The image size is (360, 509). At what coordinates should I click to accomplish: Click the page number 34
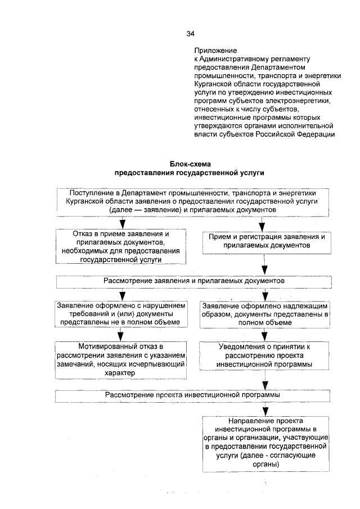[x=191, y=33]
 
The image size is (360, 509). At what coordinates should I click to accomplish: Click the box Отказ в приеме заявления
[x=121, y=246]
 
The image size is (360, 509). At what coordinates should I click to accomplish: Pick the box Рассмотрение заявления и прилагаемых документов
[x=193, y=280]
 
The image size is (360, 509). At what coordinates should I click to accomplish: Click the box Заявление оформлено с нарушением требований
[x=121, y=314]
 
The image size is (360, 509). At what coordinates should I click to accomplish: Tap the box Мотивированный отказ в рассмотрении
[x=121, y=357]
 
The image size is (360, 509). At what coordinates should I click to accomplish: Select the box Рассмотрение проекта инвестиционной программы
[x=192, y=395]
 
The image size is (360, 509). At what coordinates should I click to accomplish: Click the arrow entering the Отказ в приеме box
[x=121, y=223]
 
